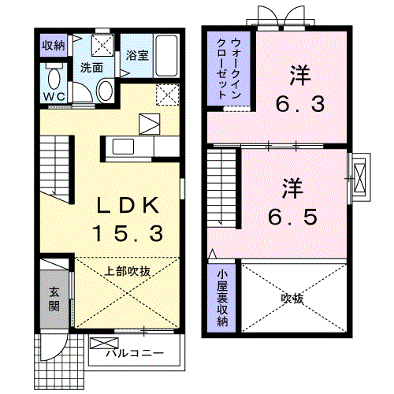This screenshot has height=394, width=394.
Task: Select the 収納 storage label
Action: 54,44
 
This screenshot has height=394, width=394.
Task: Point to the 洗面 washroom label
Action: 91,67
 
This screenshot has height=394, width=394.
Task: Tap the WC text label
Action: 54,96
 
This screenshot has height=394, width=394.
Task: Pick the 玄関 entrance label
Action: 54,297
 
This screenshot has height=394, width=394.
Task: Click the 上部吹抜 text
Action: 127,270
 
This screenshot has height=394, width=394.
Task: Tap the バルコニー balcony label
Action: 136,353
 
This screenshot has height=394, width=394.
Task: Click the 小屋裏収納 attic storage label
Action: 223,298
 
